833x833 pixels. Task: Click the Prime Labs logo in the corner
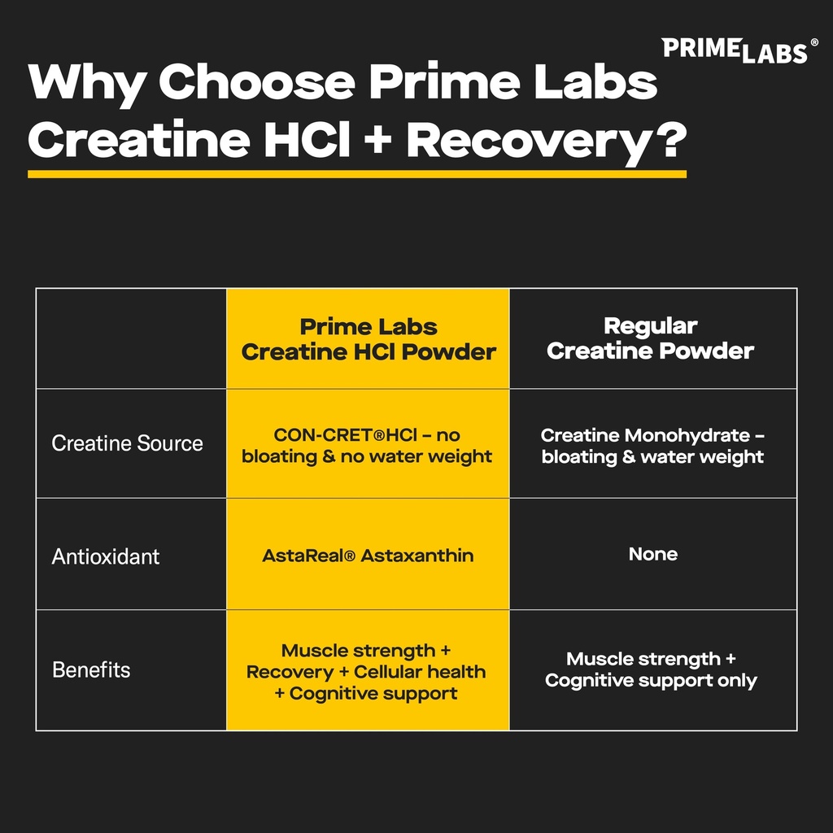(x=734, y=50)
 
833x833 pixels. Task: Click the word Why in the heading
(x=83, y=83)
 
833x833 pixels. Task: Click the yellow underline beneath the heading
(x=356, y=173)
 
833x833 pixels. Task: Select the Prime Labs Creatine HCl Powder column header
(x=369, y=339)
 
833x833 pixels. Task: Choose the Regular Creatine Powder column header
(x=650, y=338)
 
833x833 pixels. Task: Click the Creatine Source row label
(x=127, y=443)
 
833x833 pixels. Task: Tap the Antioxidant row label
(x=106, y=556)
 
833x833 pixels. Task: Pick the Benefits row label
(x=91, y=670)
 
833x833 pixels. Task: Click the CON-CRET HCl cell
(x=367, y=446)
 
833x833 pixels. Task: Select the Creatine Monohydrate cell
(x=652, y=446)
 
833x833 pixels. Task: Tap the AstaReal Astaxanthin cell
(x=368, y=556)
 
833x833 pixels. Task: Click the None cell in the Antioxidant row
(x=652, y=554)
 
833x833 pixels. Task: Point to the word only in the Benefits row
(x=737, y=680)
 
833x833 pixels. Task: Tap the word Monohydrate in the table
(x=687, y=435)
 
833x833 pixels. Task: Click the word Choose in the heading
(x=256, y=83)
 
